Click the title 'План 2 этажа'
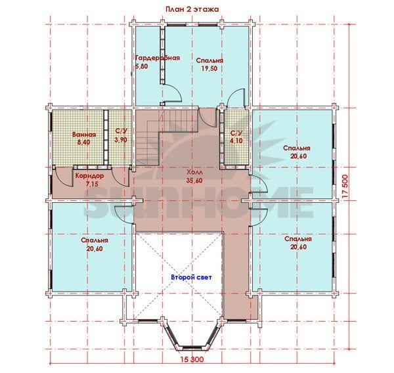(192, 9)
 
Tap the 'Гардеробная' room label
(158, 58)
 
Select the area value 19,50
(209, 68)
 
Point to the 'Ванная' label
(84, 135)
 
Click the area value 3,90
(121, 140)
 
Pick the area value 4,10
(236, 141)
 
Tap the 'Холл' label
(194, 173)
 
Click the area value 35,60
(194, 181)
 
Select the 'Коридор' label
(89, 175)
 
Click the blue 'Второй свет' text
(192, 277)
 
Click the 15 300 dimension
(192, 359)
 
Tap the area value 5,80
(142, 66)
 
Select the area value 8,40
(84, 143)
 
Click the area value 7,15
(92, 184)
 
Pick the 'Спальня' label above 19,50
(209, 60)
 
